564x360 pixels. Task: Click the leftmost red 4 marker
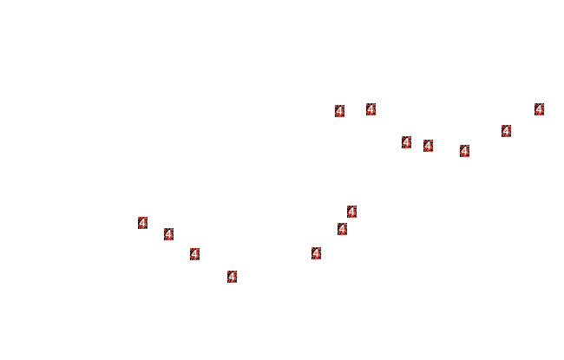click(143, 223)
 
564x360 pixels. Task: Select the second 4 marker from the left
click(168, 234)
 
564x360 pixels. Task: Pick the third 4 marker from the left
click(194, 254)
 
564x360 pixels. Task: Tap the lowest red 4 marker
click(232, 277)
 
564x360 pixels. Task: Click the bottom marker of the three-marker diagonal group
click(316, 253)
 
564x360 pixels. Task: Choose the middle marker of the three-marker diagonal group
click(342, 229)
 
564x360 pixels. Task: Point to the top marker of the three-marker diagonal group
click(351, 212)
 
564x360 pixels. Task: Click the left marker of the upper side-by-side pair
click(339, 111)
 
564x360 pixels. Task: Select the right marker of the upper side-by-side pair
click(371, 109)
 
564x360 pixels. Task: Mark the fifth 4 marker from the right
click(406, 142)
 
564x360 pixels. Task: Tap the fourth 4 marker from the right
click(428, 146)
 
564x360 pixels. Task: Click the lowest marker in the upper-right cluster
click(464, 151)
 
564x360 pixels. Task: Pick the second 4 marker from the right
click(506, 131)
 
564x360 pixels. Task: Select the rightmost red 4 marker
click(539, 109)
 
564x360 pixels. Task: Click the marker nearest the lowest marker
click(194, 254)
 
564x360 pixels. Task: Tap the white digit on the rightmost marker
click(539, 109)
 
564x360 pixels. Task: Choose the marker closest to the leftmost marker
click(168, 234)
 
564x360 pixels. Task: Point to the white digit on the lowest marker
click(232, 277)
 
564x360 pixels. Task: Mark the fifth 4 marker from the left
click(316, 253)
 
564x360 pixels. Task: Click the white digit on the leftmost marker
click(143, 223)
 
